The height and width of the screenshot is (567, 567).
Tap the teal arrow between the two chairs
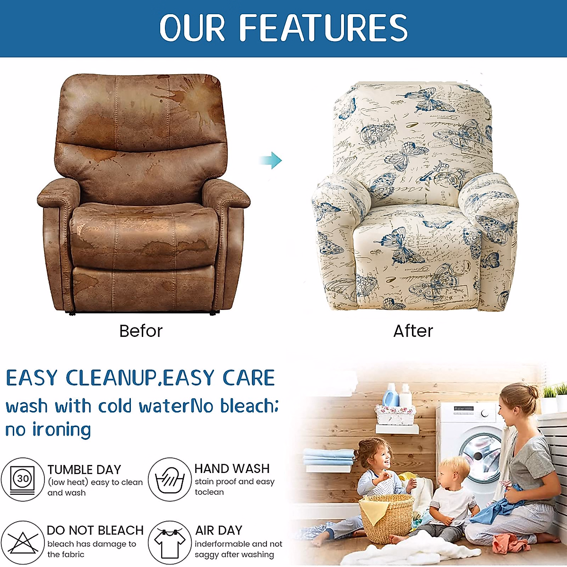(271, 160)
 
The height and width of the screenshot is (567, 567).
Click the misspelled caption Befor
(141, 331)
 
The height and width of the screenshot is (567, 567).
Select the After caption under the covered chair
(413, 331)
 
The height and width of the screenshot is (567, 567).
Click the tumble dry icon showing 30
(22, 480)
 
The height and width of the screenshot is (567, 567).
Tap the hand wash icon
(170, 480)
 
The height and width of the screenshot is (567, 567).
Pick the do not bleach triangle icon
(22, 542)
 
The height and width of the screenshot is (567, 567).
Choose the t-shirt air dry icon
(170, 542)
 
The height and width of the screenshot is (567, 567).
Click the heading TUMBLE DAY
(85, 469)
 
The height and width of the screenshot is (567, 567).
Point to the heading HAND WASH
(232, 468)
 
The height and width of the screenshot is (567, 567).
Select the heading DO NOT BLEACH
(95, 530)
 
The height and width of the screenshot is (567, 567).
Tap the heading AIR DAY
(219, 530)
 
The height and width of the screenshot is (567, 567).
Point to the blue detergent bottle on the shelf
(390, 395)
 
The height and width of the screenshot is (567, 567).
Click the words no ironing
(48, 430)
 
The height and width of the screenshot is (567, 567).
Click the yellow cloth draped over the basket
(371, 511)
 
